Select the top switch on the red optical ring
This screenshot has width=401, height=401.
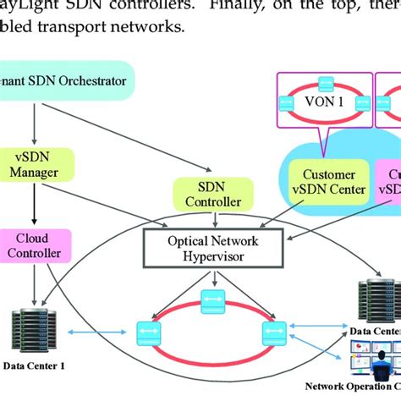(211, 300)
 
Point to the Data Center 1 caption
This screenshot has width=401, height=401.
(33, 365)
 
